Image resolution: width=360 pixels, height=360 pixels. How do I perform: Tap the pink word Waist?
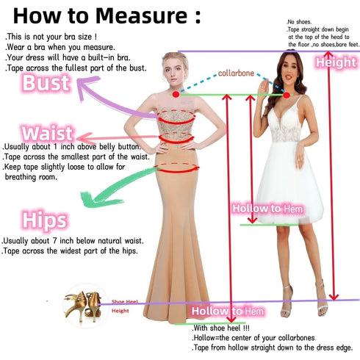48,134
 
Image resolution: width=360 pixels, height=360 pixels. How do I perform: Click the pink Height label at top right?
335,63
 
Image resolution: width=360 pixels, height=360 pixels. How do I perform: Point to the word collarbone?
237,73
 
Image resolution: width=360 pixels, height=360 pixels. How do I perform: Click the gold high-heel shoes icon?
83,307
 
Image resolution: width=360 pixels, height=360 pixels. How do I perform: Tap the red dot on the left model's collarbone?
176,95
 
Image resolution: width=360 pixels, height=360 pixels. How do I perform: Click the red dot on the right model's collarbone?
286,94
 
